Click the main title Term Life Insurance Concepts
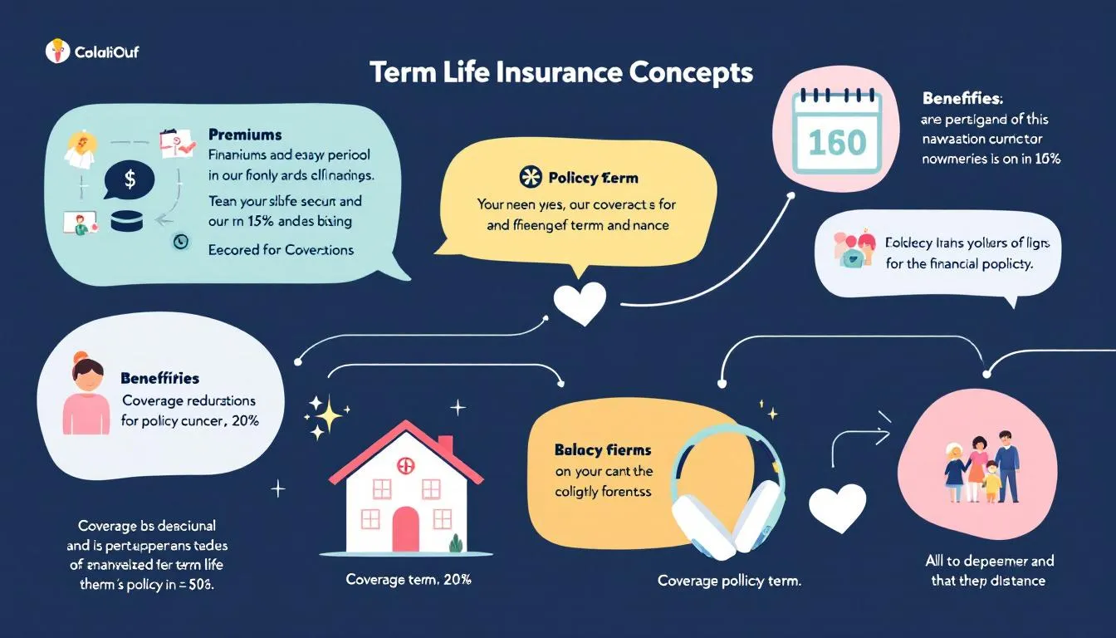coord(560,72)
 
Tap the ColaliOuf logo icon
coord(56,52)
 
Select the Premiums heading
coord(245,134)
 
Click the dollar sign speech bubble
coord(129,179)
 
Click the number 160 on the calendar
coord(836,142)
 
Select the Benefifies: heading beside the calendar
coord(962,98)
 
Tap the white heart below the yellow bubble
coord(579,304)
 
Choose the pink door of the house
coord(405,529)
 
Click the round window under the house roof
coord(406,465)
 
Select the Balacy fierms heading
coord(603,449)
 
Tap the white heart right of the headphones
coord(837,508)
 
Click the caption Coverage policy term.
coord(729,580)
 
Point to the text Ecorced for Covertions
coord(281,249)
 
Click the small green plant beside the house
coord(455,544)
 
